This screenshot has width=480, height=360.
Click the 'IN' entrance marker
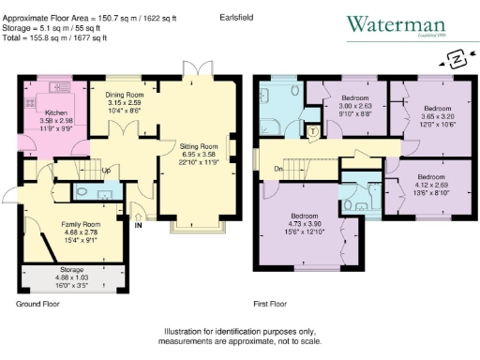pos(139,225)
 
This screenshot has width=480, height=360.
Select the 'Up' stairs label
pos(105,171)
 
